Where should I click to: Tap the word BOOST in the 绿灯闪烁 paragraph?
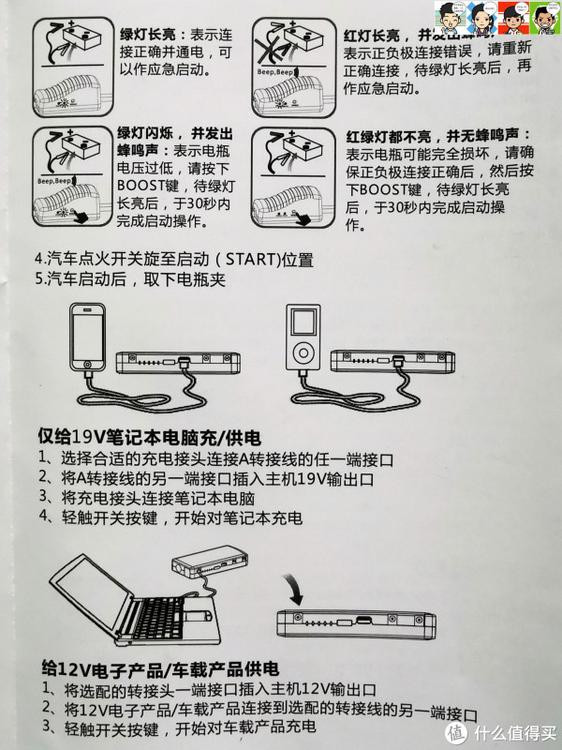click(x=140, y=184)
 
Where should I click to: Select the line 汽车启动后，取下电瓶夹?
click(x=120, y=278)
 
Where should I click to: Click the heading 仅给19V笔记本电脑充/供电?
click(x=149, y=437)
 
